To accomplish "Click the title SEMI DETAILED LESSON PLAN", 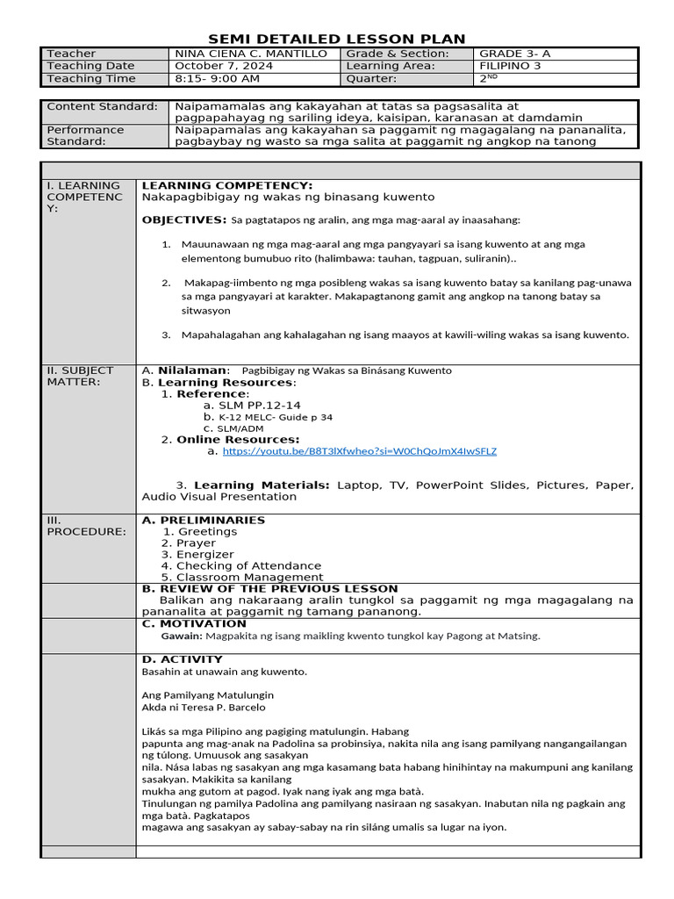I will click(336, 38).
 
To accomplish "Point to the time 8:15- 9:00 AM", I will click(217, 78).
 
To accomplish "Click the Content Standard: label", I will click(101, 106).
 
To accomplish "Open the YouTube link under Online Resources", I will click(359, 451).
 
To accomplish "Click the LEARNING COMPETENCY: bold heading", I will click(226, 186).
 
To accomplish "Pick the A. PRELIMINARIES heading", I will click(203, 520).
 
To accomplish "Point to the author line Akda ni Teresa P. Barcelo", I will click(203, 707).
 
